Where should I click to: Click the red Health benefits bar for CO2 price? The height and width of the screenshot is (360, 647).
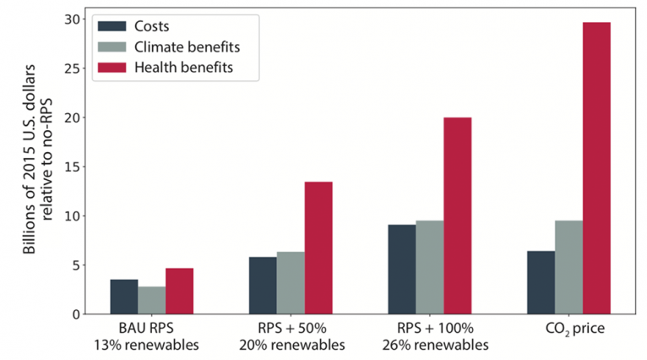tap(596, 168)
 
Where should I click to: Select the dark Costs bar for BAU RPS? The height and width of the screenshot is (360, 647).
tap(124, 297)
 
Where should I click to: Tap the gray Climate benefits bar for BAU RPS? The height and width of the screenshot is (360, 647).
tap(152, 300)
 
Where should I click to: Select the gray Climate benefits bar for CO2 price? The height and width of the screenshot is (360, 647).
tap(568, 267)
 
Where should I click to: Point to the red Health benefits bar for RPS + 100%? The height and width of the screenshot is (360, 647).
tap(457, 215)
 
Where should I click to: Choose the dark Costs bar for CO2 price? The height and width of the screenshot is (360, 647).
tap(541, 282)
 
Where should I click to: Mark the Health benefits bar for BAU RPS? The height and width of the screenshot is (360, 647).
tap(180, 291)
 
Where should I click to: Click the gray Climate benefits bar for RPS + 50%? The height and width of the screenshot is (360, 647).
tap(291, 283)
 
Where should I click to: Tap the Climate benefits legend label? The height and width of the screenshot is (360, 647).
tap(191, 45)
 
